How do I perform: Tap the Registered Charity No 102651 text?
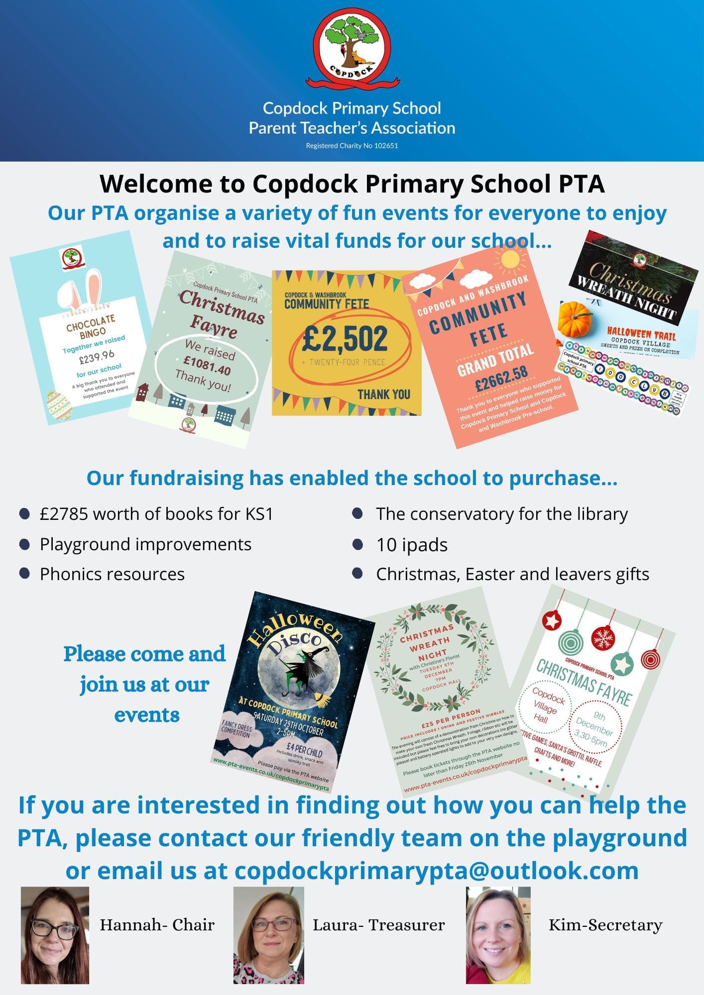point(352,146)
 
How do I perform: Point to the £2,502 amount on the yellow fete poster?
point(345,338)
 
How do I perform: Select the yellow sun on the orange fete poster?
point(511,259)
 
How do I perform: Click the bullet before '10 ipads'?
point(357,544)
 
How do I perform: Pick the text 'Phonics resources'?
point(112,574)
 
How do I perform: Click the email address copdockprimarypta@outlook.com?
point(436,871)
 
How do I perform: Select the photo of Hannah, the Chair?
point(55,935)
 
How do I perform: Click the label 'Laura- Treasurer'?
point(378,925)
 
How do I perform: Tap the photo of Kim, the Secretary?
point(498,935)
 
